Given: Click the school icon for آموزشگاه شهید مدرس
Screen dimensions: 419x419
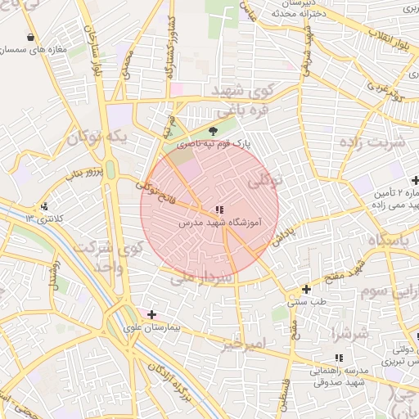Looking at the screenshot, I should (218, 209).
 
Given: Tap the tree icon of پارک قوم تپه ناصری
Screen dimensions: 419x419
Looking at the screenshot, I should (214, 130).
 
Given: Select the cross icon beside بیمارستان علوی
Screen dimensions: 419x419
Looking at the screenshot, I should (151, 314).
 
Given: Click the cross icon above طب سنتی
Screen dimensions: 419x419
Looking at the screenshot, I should (306, 289).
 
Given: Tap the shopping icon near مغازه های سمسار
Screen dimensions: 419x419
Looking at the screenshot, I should (31, 38).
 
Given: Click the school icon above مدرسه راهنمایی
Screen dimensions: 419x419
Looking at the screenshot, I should (339, 358).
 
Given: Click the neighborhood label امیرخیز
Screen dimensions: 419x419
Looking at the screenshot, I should (244, 345).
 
